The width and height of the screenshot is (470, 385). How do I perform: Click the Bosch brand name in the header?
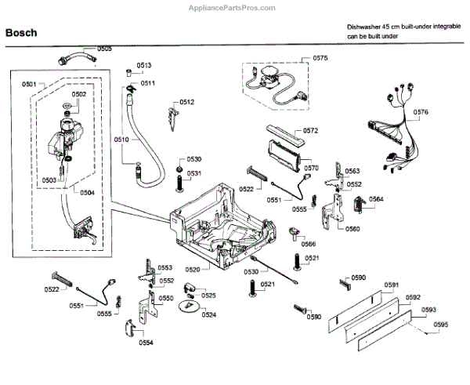(21, 32)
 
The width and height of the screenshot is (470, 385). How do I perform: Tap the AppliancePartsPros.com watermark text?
(232, 8)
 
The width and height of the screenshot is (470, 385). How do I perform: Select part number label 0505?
(105, 49)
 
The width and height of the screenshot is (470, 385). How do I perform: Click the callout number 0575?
(320, 58)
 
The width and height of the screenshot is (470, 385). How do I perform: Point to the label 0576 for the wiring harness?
(421, 112)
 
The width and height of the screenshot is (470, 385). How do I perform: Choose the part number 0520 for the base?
(193, 270)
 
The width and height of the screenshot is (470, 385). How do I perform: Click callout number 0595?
(441, 325)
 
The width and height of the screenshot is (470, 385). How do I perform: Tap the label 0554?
(146, 343)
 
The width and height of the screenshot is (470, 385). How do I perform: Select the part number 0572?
(310, 130)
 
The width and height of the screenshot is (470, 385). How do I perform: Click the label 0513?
(144, 65)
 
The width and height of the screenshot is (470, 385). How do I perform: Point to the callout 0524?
(209, 314)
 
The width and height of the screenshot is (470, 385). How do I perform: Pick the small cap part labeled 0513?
(129, 72)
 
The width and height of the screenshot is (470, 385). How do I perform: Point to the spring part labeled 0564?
(359, 205)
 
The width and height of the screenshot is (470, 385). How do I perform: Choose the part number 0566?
(309, 244)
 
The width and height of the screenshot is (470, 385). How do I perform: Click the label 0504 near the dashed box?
(87, 192)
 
